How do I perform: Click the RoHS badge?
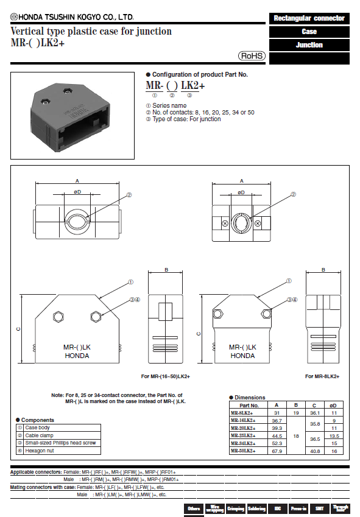click(x=252, y=56)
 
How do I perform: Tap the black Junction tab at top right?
click(x=309, y=45)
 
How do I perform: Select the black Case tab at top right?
click(x=309, y=32)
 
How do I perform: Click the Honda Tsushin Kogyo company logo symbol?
click(x=14, y=17)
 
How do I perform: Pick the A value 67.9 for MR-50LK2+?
click(x=277, y=451)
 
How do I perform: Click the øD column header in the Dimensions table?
click(x=333, y=405)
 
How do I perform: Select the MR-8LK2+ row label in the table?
click(x=242, y=413)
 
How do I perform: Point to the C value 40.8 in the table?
click(x=315, y=451)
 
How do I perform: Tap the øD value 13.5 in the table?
click(x=334, y=436)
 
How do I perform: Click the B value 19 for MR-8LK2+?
click(x=296, y=413)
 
